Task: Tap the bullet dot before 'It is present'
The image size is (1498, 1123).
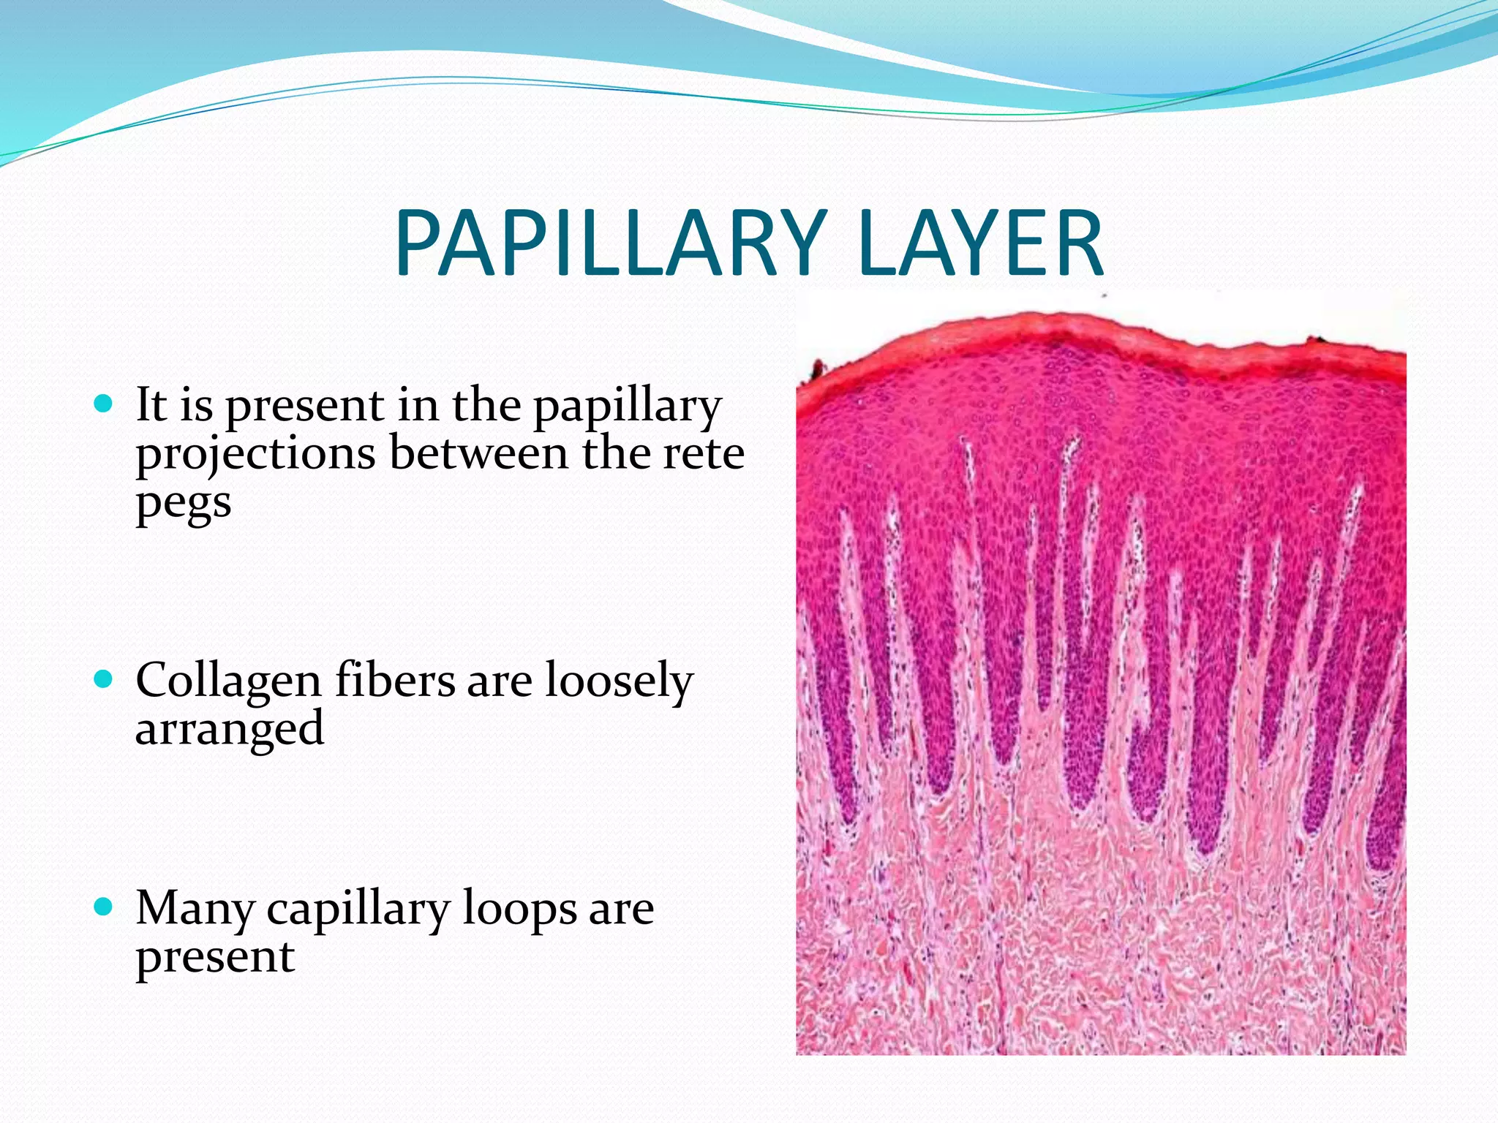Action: pos(105,403)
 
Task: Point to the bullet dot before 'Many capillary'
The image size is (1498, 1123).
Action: pos(105,907)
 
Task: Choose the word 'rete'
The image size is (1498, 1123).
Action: pos(703,453)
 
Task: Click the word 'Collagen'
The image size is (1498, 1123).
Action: pos(228,682)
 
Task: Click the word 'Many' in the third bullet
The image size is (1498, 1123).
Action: pos(195,910)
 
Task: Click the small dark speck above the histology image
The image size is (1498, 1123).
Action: pos(1104,296)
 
